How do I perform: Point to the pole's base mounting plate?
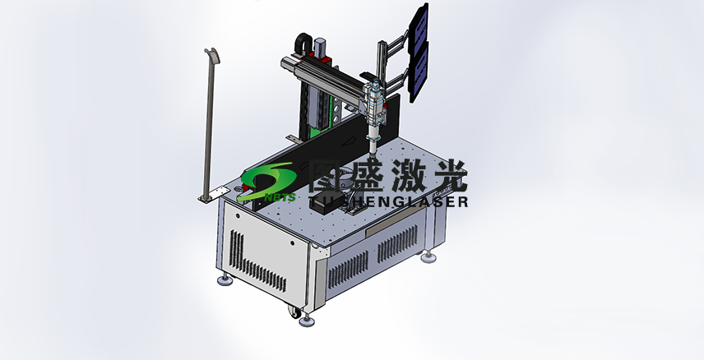coord(211,195)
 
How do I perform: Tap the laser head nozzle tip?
coord(372,150)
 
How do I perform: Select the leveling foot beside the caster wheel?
coord(309,317)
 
